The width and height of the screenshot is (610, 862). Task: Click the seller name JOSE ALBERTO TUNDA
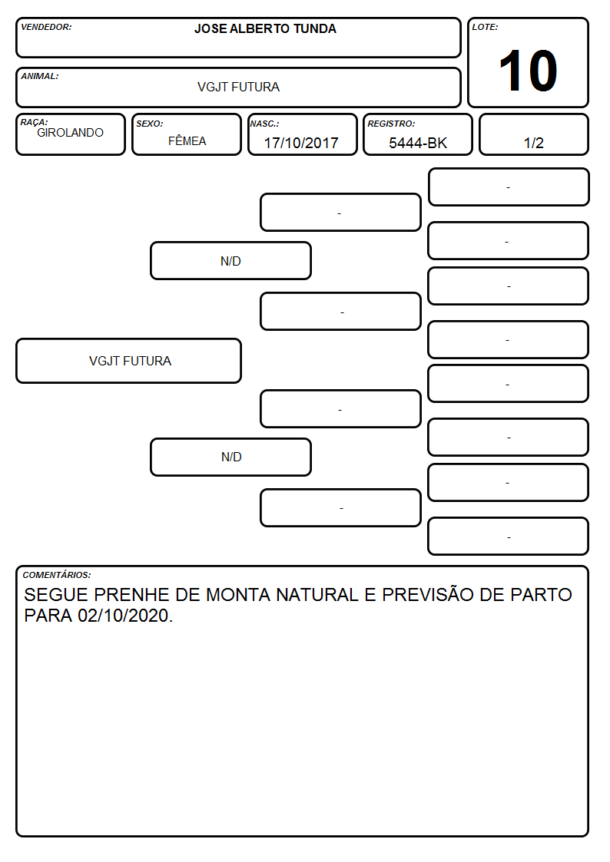point(265,28)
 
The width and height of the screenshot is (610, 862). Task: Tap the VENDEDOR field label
point(46,27)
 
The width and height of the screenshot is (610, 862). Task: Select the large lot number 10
point(528,71)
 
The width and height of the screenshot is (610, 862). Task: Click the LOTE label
point(485,27)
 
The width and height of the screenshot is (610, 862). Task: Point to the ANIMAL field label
point(40,76)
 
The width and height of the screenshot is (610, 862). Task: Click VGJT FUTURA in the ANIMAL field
point(239,87)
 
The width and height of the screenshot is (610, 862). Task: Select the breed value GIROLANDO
point(70,133)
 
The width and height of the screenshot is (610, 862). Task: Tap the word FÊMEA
point(187,140)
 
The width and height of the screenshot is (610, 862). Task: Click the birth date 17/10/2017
point(301,143)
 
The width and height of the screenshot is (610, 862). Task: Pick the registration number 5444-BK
point(418,143)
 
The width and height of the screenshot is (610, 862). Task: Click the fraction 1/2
point(533,143)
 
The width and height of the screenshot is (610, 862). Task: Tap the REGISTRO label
point(391,124)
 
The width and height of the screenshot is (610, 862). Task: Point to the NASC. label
point(264,124)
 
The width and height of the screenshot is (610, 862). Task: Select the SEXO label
point(150,124)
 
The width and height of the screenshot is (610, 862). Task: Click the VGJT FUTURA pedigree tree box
point(129,361)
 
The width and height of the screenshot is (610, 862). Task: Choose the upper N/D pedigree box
point(230,260)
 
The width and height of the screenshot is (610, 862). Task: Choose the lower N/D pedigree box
point(230,457)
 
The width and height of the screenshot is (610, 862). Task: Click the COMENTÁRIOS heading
point(57,575)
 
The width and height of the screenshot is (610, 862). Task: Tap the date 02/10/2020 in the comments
point(123,616)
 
